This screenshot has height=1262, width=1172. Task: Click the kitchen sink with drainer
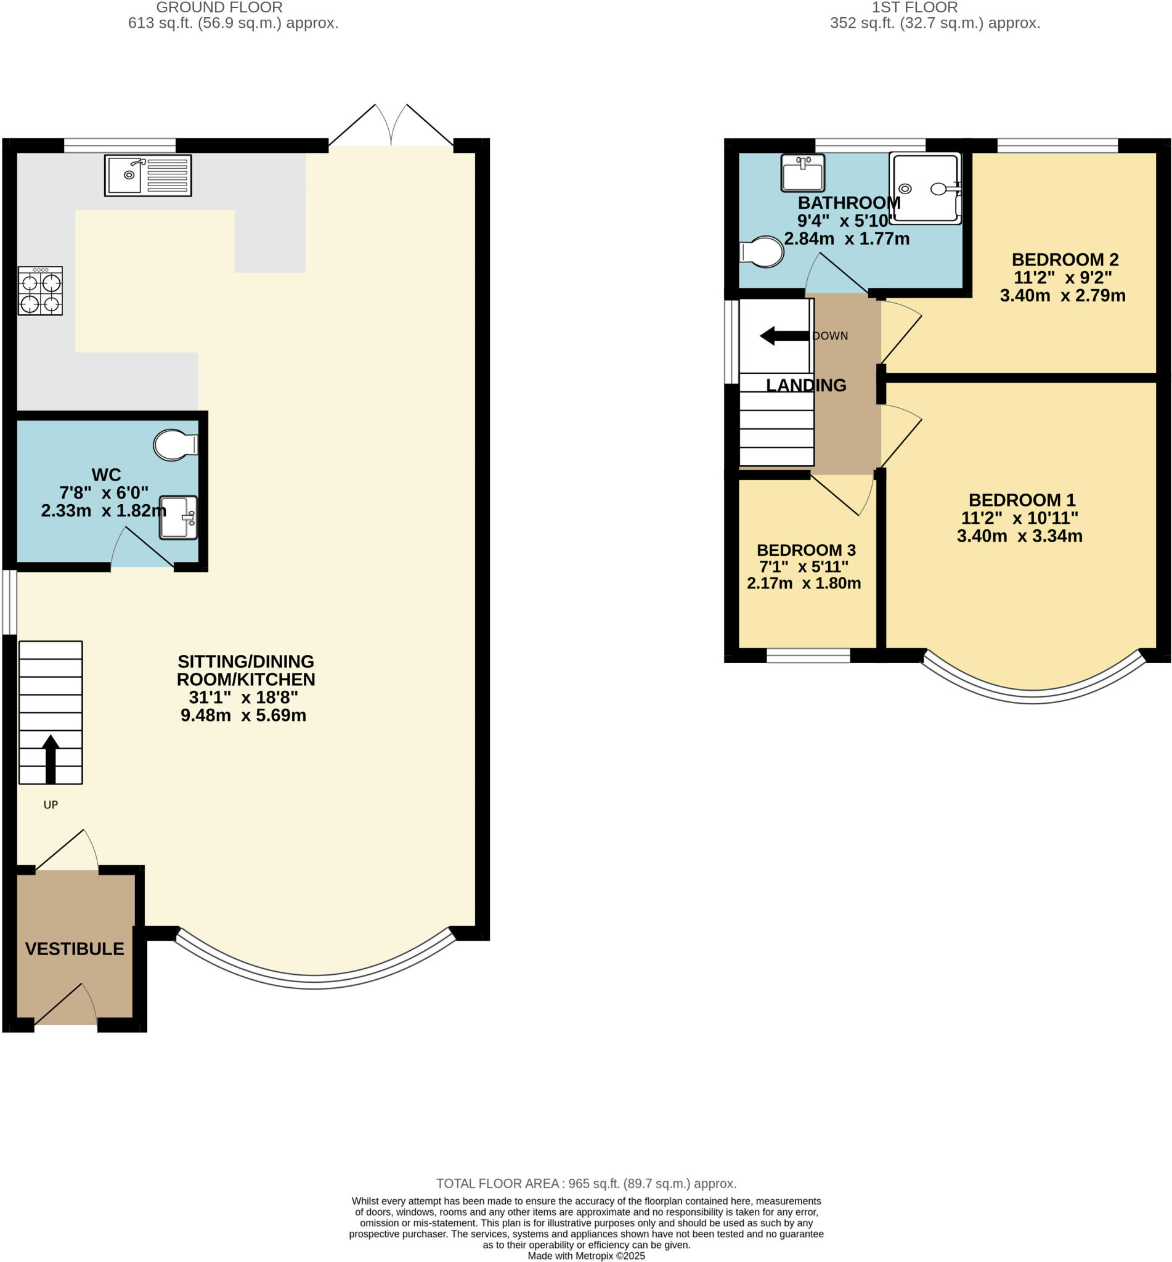148,176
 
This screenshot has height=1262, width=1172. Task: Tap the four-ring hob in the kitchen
41,291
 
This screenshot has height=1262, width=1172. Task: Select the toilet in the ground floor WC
176,445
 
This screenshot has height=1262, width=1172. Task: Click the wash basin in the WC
178,518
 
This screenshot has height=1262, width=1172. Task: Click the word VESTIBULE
75,949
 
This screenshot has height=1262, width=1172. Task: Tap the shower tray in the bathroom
926,189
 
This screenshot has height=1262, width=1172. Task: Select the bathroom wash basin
803,173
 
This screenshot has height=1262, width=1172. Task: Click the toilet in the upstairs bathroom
762,252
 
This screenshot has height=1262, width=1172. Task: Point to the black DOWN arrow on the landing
784,336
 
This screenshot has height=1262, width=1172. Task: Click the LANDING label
806,385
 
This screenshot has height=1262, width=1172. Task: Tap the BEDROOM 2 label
1065,259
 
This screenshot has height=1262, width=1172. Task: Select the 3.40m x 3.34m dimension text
1020,536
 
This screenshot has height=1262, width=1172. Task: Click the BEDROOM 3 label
807,550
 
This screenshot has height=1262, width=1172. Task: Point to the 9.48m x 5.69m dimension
243,715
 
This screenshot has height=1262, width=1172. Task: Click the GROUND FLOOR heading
219,7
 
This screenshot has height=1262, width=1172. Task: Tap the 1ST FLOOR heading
914,7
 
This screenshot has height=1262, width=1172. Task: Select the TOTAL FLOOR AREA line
587,1183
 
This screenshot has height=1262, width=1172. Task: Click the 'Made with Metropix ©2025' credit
587,1256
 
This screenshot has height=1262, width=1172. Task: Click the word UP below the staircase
51,805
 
